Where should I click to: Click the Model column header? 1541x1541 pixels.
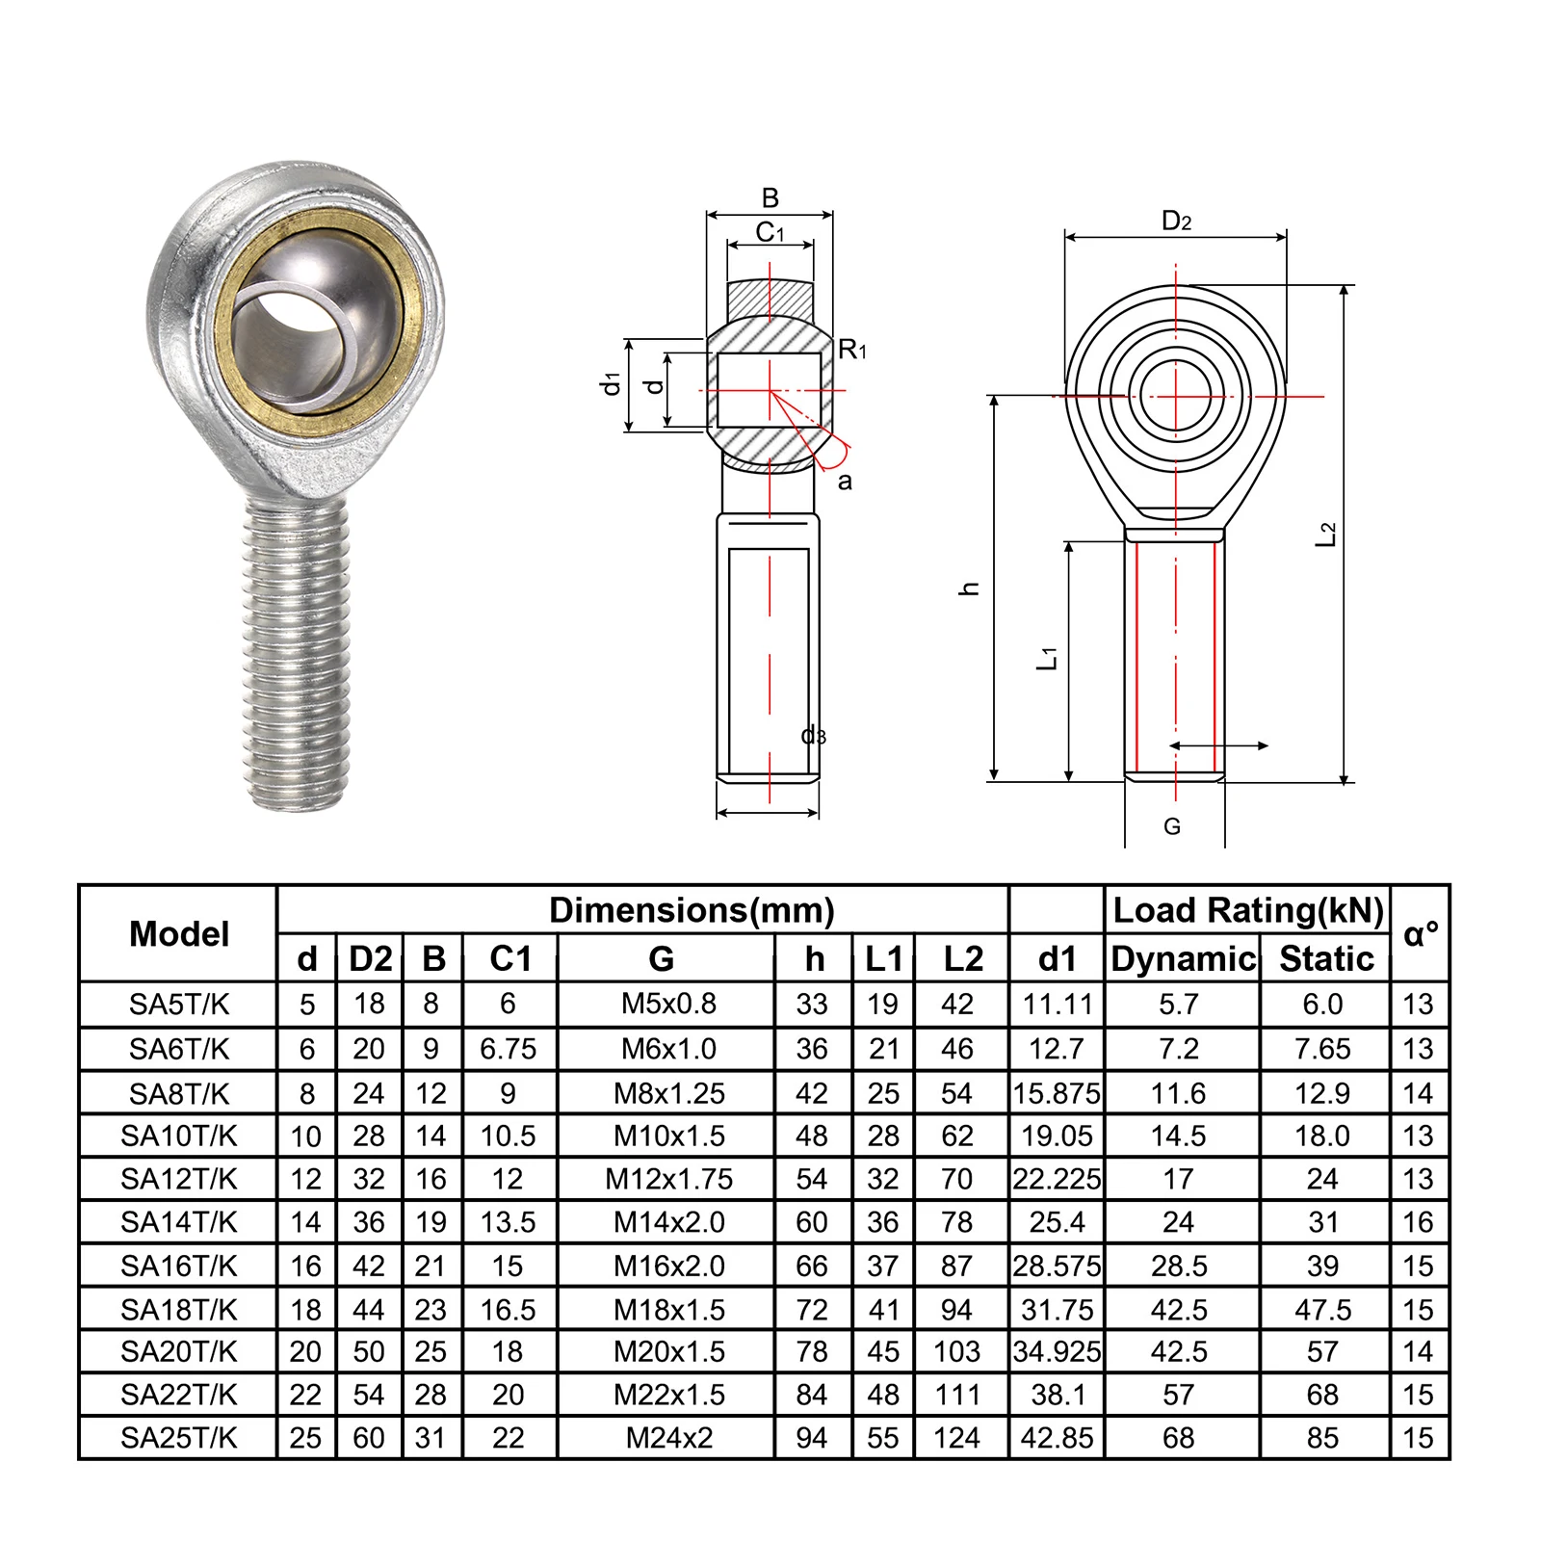tap(179, 933)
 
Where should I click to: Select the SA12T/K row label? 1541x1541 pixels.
tap(179, 1179)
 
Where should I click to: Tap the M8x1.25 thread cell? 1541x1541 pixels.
tap(669, 1093)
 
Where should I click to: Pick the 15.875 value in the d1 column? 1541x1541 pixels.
tap(1057, 1093)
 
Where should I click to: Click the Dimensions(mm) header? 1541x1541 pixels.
tap(692, 910)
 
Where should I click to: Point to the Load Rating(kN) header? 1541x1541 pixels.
tap(1248, 910)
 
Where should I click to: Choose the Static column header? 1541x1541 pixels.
tap(1326, 958)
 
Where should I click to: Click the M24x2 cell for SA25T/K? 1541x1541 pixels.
tap(669, 1438)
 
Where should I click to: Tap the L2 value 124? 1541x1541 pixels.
tap(956, 1438)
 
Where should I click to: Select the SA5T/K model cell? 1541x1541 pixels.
tap(179, 1005)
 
